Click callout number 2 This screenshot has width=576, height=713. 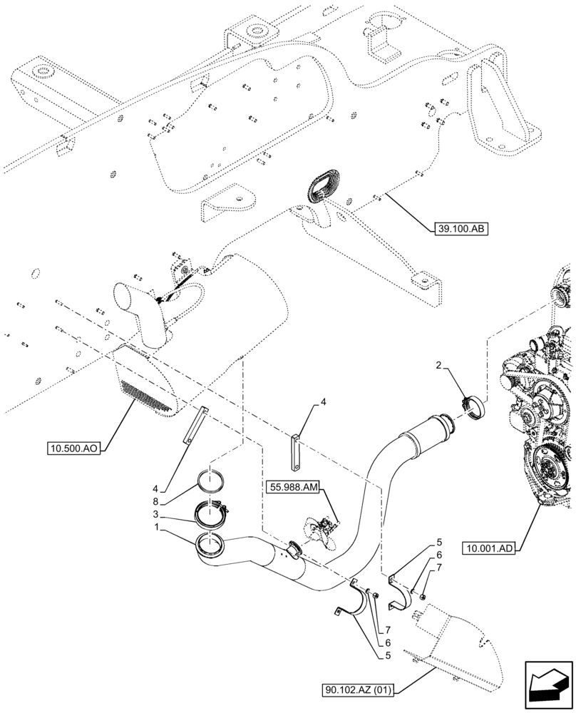(x=441, y=366)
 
